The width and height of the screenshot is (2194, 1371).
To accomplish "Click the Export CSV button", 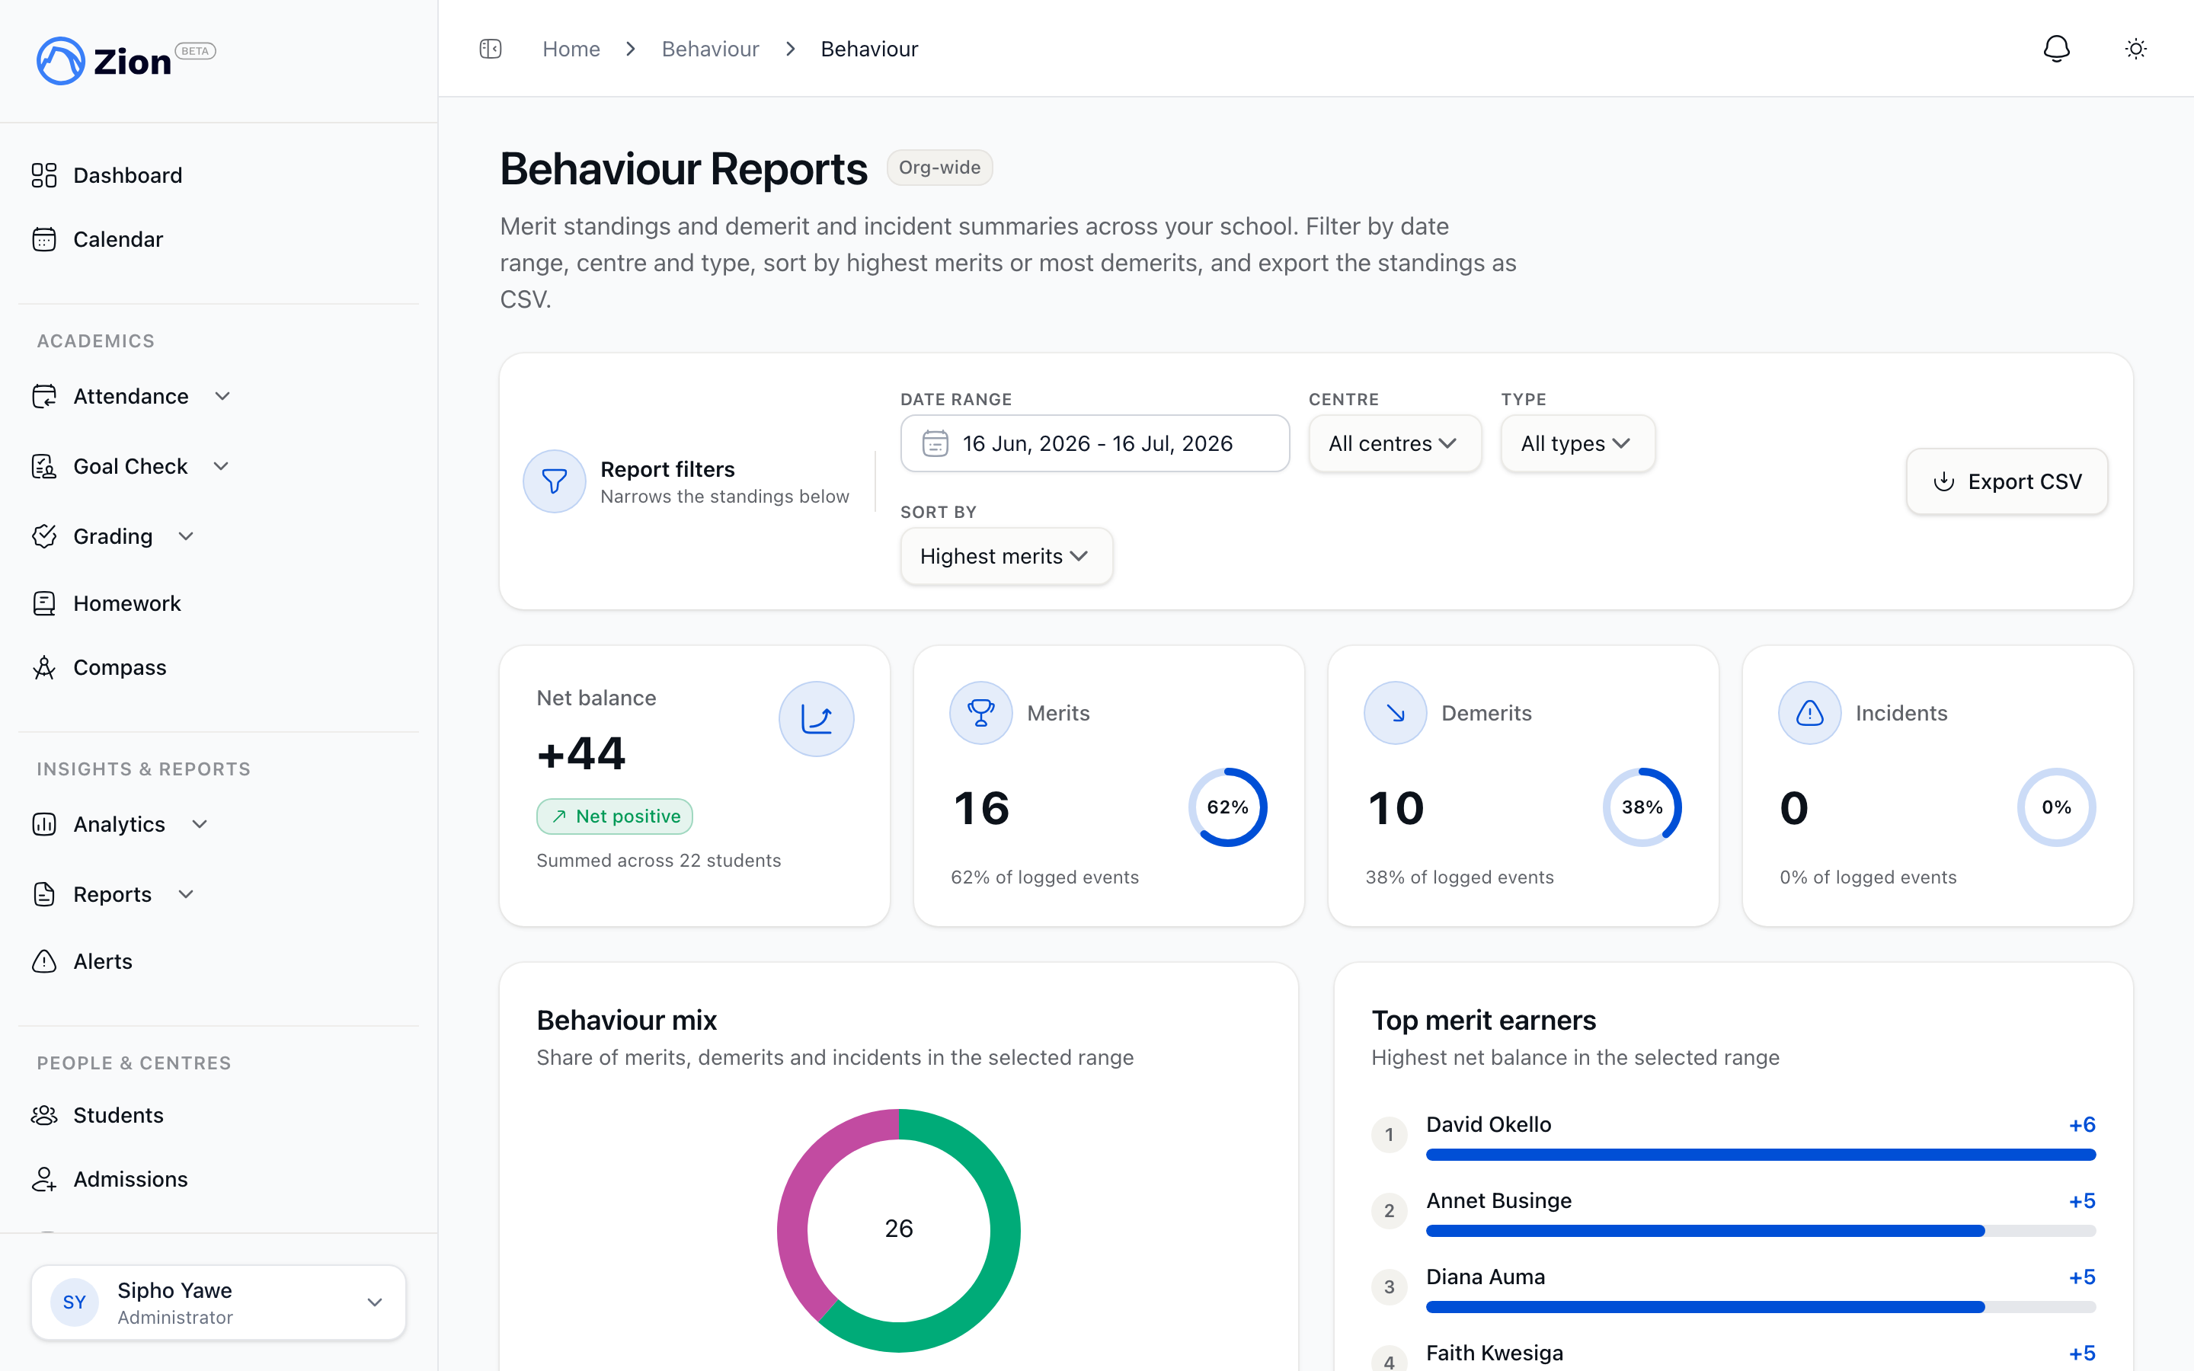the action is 2007,481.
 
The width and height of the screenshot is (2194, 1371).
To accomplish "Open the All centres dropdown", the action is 1394,443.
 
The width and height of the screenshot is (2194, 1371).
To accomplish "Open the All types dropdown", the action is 1578,443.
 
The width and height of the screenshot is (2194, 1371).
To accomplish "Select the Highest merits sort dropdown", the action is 1006,556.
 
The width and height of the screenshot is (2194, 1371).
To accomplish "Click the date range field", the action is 1094,443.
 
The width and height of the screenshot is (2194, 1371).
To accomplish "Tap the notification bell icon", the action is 2056,49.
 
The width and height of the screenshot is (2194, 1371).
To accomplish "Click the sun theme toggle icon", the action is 2136,49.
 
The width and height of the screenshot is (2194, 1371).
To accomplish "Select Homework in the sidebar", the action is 127,603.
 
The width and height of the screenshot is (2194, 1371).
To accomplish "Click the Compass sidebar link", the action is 120,667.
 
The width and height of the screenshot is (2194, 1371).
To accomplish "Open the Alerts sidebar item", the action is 102,961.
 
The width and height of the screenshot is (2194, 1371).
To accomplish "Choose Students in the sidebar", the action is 118,1115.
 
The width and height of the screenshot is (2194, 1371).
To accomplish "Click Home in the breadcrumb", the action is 571,49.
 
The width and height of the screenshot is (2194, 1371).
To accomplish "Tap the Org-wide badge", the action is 939,168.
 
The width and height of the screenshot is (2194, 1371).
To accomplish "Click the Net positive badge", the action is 615,816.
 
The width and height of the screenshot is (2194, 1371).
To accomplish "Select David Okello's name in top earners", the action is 1489,1124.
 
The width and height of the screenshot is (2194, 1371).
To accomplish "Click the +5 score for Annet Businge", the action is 2081,1200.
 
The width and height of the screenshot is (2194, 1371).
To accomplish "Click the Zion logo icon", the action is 61,61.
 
